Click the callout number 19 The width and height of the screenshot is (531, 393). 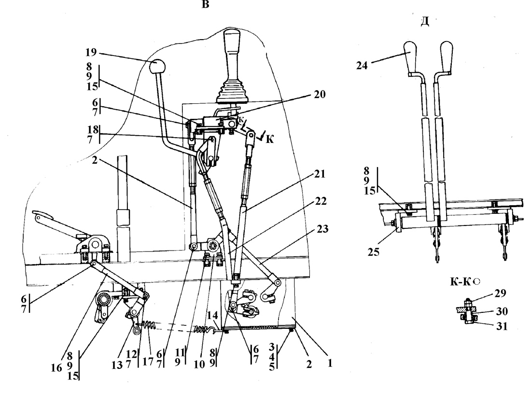click(x=91, y=53)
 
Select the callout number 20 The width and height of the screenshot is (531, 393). click(x=320, y=94)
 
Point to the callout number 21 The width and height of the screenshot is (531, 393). click(x=320, y=174)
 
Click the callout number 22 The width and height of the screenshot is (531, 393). click(x=321, y=201)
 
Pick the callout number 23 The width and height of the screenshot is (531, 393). click(x=322, y=229)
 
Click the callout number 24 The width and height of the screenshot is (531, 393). click(x=362, y=65)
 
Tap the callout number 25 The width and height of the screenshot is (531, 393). click(x=374, y=253)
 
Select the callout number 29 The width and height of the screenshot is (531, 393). click(x=500, y=293)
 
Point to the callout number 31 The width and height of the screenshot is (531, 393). click(x=502, y=326)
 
